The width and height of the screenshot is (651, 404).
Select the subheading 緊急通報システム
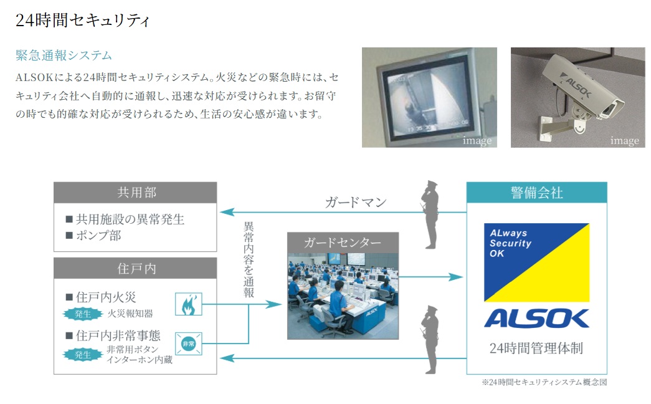[64, 55]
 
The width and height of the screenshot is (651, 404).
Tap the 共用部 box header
[135, 193]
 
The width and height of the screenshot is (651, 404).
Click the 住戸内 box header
[135, 269]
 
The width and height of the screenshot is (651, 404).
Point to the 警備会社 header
[536, 193]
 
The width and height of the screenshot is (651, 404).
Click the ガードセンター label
[343, 243]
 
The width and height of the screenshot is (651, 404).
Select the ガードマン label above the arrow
[355, 203]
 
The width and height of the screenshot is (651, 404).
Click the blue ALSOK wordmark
[536, 318]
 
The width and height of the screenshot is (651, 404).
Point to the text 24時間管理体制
[536, 348]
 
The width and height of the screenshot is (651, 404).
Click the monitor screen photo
[429, 97]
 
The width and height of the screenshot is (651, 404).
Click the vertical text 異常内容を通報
[249, 259]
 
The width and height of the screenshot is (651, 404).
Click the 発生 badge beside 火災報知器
[83, 314]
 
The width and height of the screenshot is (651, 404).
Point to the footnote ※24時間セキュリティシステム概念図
[544, 382]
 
